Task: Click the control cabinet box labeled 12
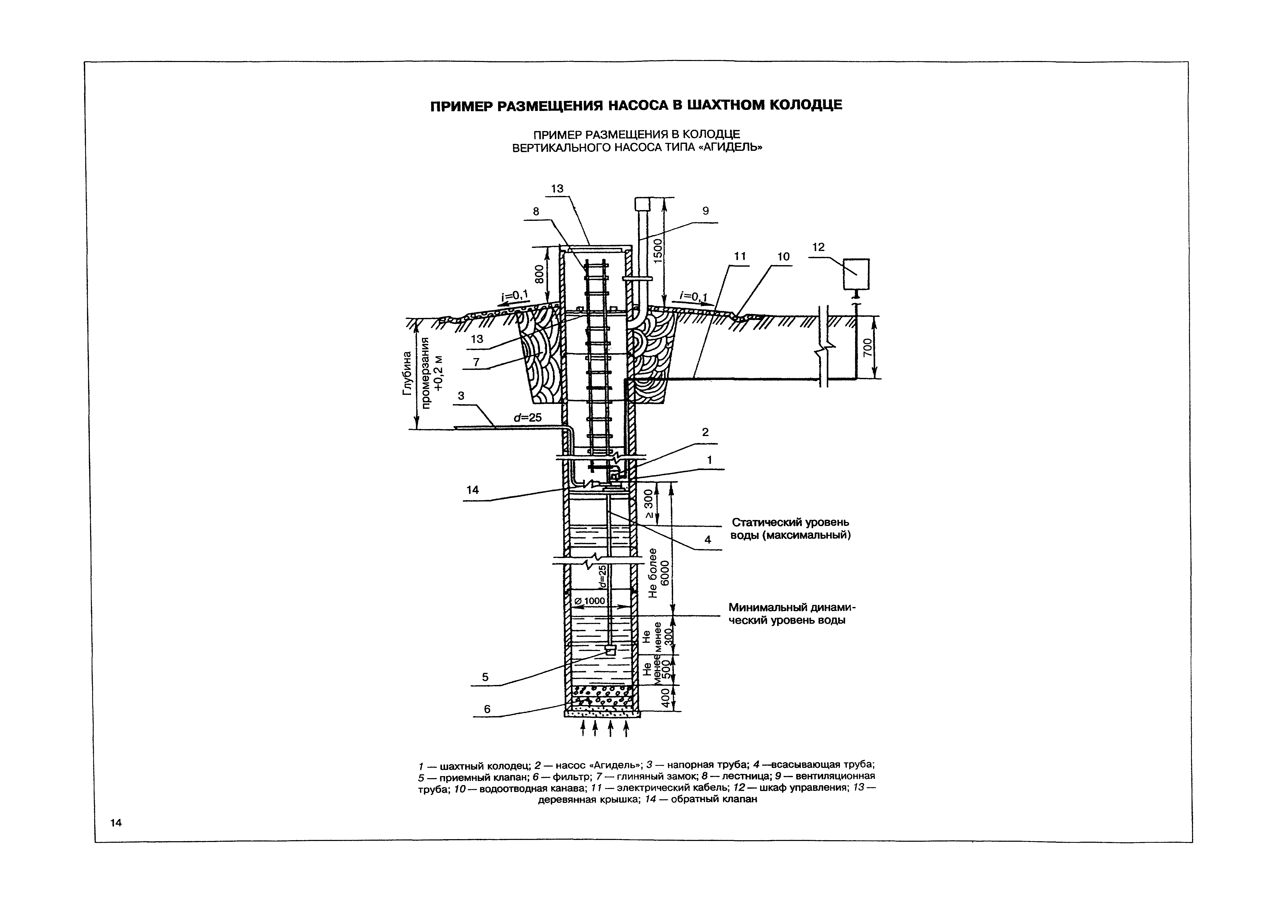point(856,274)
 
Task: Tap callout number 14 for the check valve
point(472,490)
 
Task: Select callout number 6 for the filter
point(487,709)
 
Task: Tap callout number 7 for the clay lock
point(476,362)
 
